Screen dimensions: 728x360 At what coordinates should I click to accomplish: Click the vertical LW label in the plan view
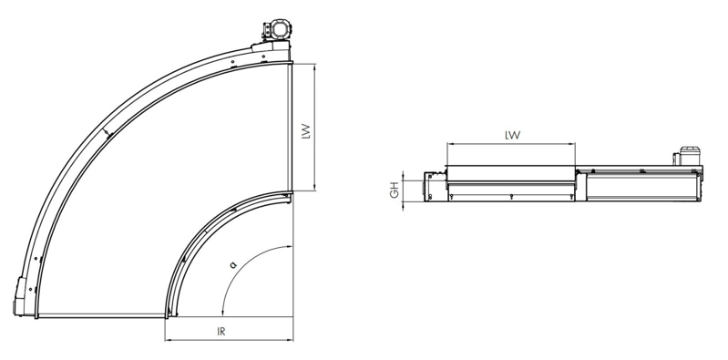(305, 131)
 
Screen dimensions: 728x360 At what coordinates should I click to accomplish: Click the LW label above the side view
(513, 135)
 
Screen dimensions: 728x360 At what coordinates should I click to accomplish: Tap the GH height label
(395, 190)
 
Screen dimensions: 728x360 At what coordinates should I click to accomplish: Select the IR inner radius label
(221, 332)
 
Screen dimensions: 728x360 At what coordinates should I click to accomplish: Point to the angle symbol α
(233, 265)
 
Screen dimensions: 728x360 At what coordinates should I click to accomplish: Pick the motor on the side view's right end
(688, 156)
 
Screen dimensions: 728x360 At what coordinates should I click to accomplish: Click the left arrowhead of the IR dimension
(168, 341)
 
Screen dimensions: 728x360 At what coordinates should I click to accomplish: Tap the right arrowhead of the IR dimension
(290, 341)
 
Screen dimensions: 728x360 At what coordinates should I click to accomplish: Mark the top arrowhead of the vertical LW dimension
(314, 67)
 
